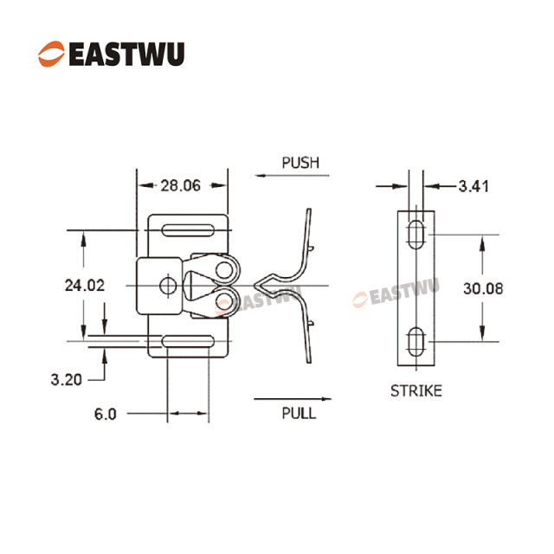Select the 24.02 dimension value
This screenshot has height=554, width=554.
[85, 286]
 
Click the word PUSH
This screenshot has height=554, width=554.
[300, 162]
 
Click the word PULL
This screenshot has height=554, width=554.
[299, 414]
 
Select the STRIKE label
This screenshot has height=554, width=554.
[415, 390]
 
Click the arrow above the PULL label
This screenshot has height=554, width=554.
[293, 398]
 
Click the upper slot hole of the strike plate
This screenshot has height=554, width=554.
[416, 234]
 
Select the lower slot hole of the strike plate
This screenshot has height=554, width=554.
[416, 342]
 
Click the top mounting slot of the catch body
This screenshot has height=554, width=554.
[188, 229]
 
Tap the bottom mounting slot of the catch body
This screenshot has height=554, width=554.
[188, 341]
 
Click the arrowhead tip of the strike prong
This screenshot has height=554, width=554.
[257, 286]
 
